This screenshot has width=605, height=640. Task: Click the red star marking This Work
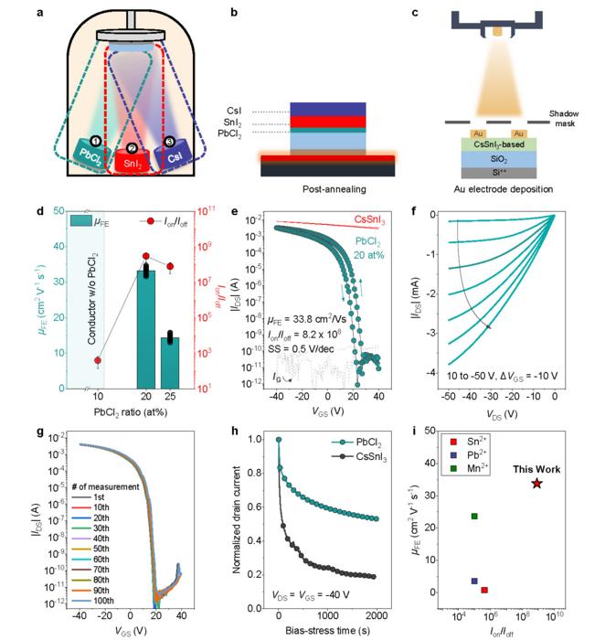[536, 483]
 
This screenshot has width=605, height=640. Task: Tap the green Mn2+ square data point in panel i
[474, 517]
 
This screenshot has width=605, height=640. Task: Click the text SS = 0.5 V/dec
[310, 348]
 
